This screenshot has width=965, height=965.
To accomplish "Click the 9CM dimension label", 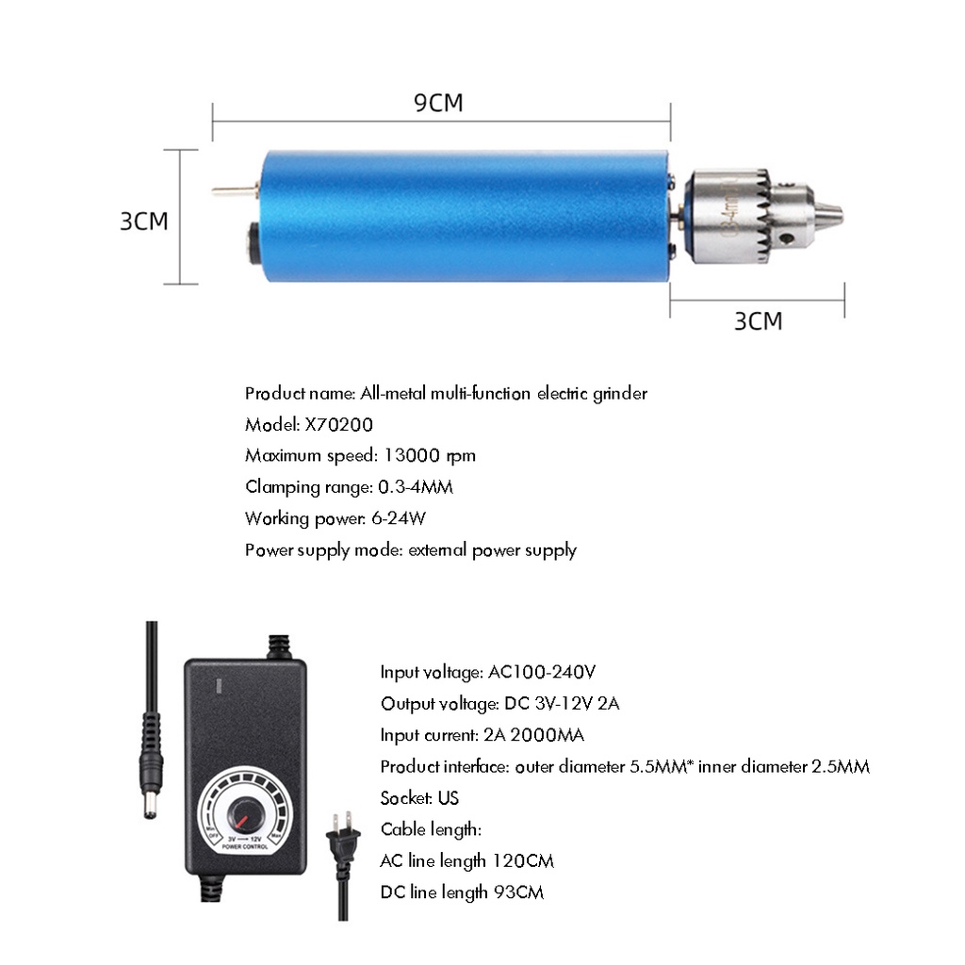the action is click(x=438, y=102).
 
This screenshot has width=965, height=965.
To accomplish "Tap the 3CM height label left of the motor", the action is click(x=144, y=221).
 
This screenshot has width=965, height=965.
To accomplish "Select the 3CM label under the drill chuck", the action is click(x=759, y=320).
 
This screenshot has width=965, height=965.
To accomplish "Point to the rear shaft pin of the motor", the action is click(x=235, y=190).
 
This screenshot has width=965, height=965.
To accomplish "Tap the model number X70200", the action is click(x=339, y=425).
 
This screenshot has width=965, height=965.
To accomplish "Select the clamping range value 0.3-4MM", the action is click(x=416, y=487).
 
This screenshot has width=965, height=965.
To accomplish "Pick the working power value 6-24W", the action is click(x=399, y=518).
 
